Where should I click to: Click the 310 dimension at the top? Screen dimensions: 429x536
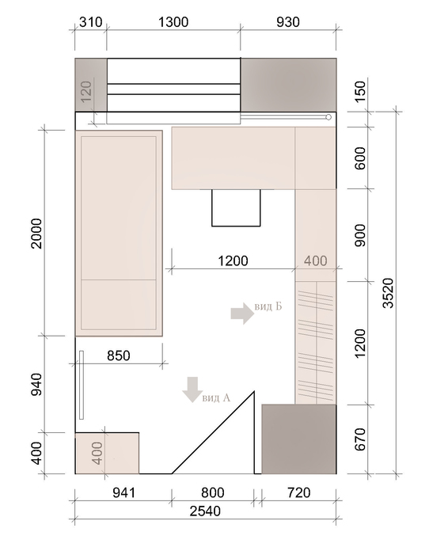point(90,22)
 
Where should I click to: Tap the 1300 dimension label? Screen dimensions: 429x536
point(173,22)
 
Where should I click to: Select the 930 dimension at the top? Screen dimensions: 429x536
point(288,22)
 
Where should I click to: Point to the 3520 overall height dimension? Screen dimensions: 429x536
point(389,293)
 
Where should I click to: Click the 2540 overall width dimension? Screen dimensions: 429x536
point(205,511)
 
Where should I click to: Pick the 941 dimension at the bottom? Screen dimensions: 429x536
point(123,493)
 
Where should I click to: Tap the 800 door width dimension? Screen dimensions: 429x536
point(213,493)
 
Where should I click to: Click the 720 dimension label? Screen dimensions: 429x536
point(298,493)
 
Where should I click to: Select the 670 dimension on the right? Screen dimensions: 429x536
point(360,439)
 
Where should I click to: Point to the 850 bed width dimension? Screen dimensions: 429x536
point(119,355)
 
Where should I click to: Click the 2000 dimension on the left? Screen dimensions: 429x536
point(36,234)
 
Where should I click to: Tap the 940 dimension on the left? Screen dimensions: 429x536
point(36,385)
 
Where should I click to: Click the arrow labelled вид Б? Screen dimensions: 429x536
point(242,313)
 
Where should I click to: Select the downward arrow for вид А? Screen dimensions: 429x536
point(192,390)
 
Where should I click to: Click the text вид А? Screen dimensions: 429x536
point(216,397)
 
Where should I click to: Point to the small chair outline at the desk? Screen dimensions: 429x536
point(236,207)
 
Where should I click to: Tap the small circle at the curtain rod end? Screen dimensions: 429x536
point(328,118)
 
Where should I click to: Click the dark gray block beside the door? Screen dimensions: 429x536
point(299,439)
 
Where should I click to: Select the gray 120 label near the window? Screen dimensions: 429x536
point(86,91)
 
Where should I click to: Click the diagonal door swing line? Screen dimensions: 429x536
point(213,432)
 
